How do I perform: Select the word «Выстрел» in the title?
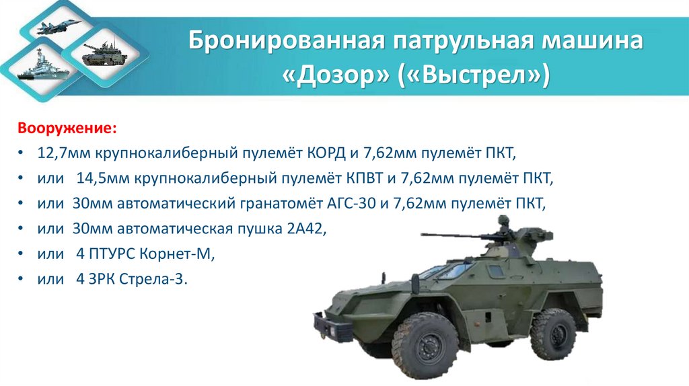click(x=476, y=75)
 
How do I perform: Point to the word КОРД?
click(x=326, y=153)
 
